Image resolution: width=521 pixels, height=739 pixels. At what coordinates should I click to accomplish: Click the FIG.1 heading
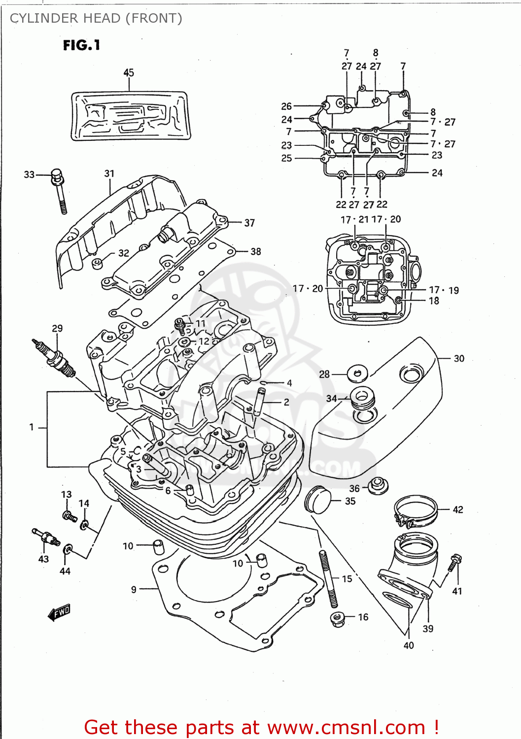point(81,45)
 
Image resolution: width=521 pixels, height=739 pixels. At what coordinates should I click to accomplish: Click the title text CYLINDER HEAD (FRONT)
point(96,18)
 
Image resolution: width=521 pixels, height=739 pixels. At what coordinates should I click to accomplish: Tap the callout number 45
point(129,73)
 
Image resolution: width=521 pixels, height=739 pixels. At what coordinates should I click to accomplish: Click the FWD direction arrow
point(59,612)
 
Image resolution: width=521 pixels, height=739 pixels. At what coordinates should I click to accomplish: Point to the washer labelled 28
point(357,373)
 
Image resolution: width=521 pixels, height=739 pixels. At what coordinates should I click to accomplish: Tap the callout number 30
point(459,359)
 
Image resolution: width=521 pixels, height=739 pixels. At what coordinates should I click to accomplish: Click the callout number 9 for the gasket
point(134,589)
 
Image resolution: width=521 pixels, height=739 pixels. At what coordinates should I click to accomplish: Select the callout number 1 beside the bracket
point(32,427)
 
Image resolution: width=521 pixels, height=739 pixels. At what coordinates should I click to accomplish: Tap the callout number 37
point(249,223)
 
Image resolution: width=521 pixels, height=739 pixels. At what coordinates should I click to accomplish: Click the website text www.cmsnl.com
point(346,727)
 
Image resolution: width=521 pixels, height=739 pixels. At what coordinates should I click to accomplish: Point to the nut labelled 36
point(378,485)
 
